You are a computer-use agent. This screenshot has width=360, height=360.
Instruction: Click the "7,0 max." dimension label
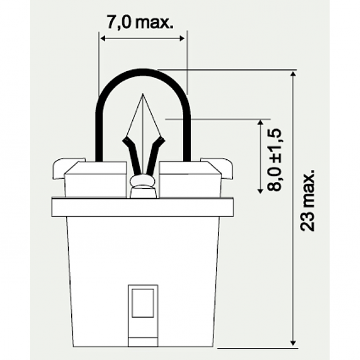[x=140, y=22]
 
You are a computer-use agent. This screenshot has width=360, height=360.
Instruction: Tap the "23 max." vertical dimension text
[x=307, y=200]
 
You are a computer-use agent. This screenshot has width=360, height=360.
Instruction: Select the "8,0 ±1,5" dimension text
[x=274, y=160]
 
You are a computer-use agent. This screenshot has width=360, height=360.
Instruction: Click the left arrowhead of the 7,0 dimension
[x=103, y=39]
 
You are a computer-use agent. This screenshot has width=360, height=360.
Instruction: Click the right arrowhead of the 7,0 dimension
[x=182, y=39]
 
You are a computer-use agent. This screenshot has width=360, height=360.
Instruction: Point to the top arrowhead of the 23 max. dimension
[x=293, y=74]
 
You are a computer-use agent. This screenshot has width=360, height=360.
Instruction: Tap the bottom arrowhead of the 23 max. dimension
[x=293, y=343]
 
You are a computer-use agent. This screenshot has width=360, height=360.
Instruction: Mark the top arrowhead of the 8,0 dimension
[x=260, y=122]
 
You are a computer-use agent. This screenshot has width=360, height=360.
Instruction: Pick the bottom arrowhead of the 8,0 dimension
[x=260, y=190]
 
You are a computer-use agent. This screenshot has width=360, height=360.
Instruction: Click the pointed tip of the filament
[x=143, y=94]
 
